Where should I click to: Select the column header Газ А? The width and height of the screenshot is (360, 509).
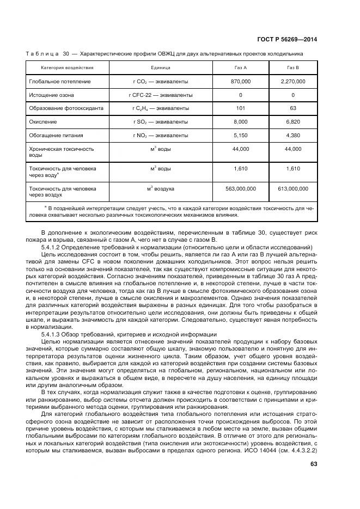pos(240,68)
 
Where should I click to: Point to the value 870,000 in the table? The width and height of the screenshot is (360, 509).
pos(240,81)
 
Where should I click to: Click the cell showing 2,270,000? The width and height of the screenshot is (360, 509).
pos(293,81)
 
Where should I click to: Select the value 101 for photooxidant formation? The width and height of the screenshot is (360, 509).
pos(240,108)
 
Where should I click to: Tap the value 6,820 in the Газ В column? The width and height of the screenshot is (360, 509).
pos(293,121)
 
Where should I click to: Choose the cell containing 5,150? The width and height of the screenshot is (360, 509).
pos(240,134)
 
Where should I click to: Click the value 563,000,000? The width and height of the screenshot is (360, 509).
pos(240,188)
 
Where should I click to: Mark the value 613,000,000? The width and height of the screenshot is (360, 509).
pos(293,188)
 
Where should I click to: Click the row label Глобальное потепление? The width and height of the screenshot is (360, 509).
pos(60,81)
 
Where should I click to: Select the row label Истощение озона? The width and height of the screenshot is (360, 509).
pos(52,95)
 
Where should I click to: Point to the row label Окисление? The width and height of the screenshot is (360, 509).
pos(44,121)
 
